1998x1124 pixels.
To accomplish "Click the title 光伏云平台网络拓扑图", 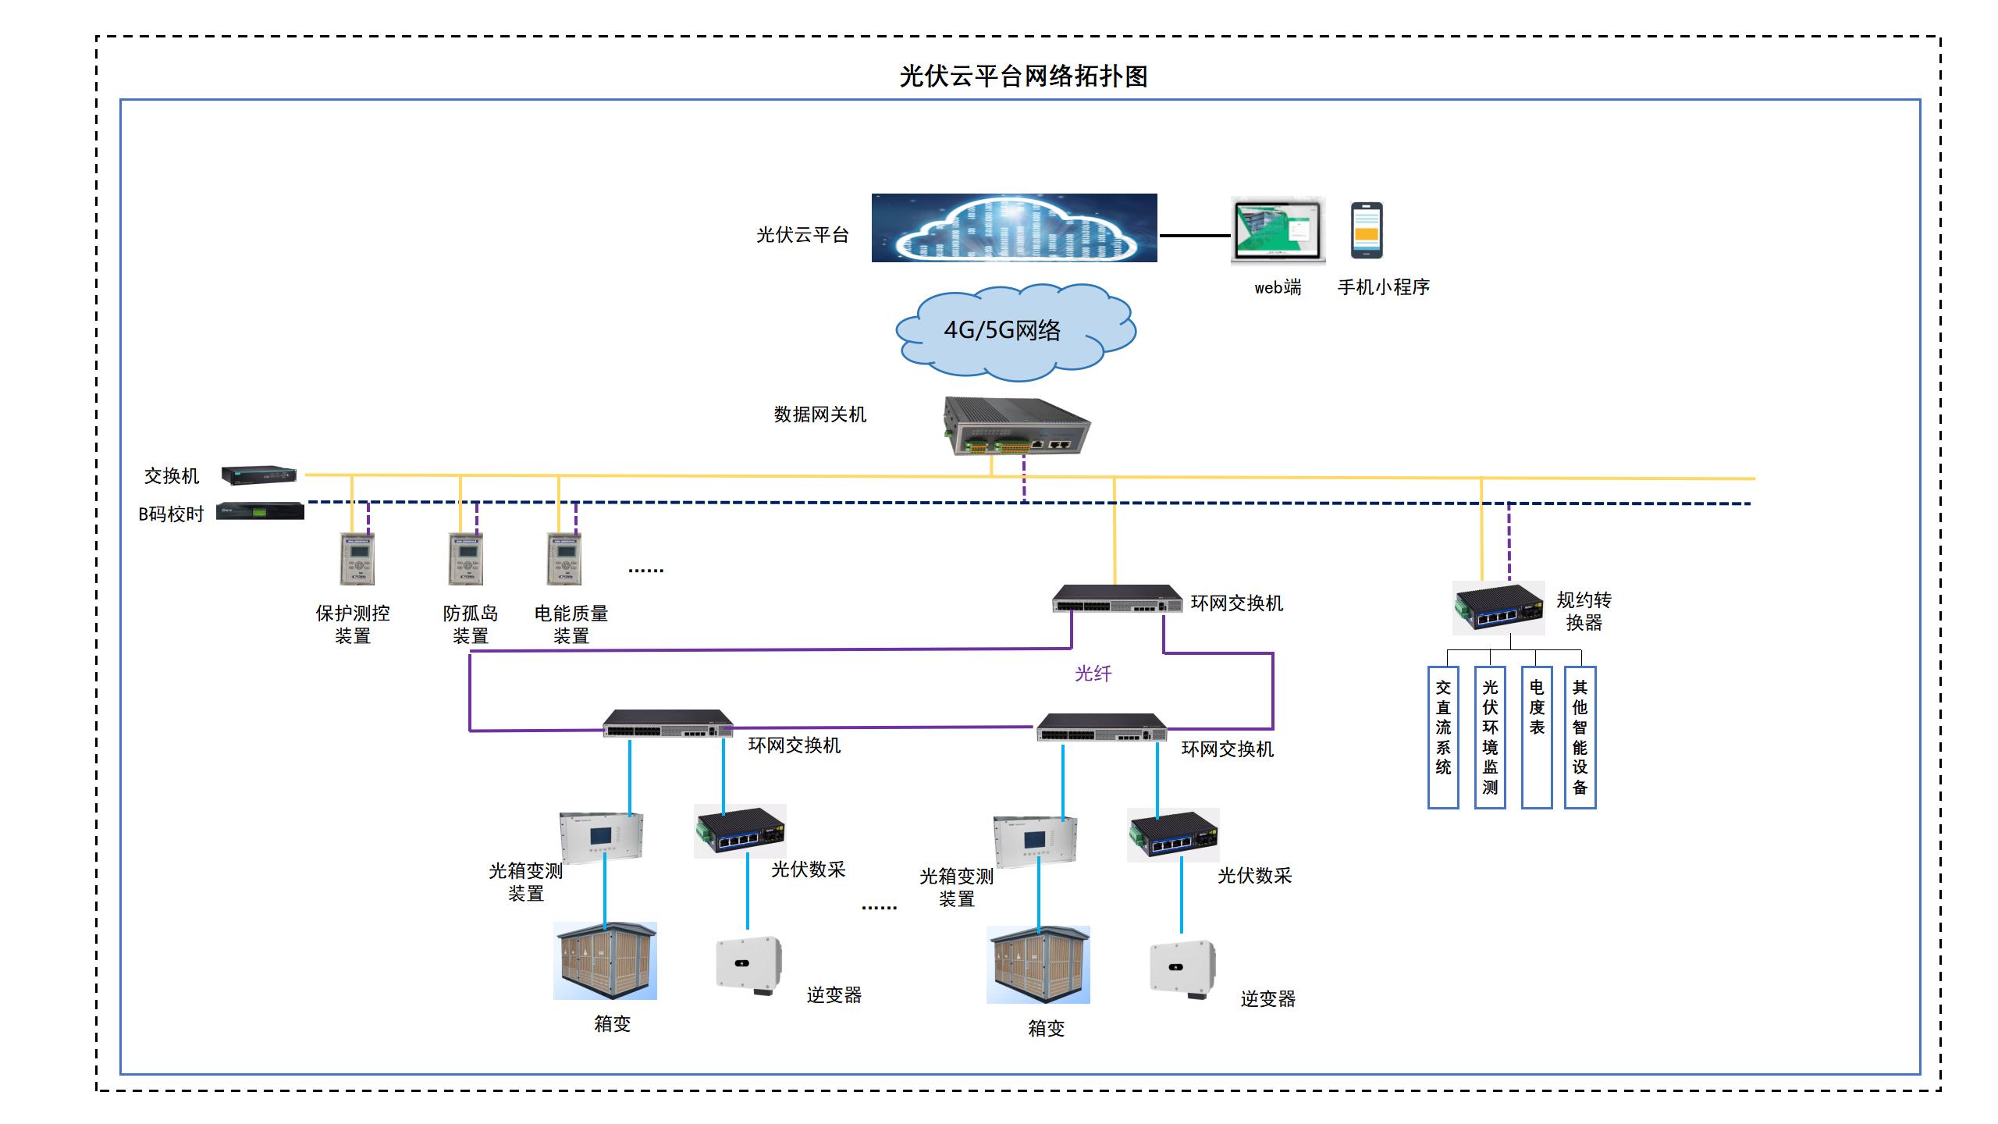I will point(1023,76).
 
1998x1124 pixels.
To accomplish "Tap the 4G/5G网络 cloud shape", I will point(1015,333).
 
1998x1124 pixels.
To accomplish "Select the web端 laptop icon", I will point(1278,231).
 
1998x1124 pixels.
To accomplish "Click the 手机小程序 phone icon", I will point(1367,231).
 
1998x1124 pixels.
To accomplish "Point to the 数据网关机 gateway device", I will point(1016,426).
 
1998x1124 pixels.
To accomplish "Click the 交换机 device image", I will point(258,475).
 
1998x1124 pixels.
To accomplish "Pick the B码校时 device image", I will point(260,511).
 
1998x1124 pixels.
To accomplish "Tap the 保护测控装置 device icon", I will point(357,558).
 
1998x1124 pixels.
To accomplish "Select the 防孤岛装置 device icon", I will point(466,558).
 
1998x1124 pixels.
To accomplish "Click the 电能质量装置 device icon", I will point(564,558).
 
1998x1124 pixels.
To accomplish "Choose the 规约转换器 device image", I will point(1498,607).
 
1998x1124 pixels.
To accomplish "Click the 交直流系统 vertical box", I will point(1443,737).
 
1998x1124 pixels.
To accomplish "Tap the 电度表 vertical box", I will point(1536,737).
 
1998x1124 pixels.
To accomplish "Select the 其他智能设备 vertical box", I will point(1580,737).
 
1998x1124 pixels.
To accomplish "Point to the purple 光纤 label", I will point(1093,674).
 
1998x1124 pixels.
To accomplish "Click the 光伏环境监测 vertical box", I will point(1490,737).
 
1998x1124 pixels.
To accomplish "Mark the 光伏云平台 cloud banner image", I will point(1014,228).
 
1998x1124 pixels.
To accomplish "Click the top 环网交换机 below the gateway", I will point(1117,599).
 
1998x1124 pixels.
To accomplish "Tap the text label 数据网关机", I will point(819,414).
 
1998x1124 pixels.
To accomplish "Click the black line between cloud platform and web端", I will point(1194,235).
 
